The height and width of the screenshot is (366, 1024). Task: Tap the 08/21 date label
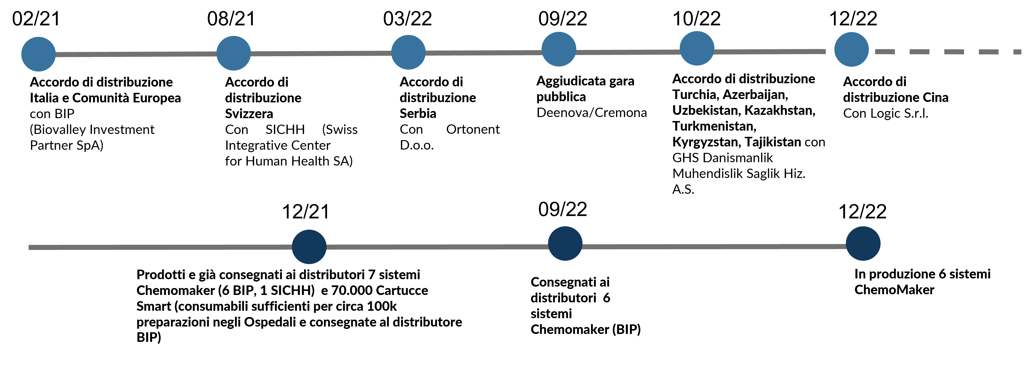[x=231, y=19]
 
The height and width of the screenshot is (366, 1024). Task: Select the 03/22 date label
[x=407, y=19]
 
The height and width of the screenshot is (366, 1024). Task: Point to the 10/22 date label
[x=696, y=19]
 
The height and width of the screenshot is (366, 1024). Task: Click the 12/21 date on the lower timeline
[x=306, y=211]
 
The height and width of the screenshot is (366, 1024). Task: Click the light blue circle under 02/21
[x=39, y=54]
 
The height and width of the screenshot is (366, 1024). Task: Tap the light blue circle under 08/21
[x=234, y=53]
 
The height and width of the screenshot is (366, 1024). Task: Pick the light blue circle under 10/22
[x=697, y=48]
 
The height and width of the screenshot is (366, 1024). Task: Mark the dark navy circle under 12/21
[x=309, y=247]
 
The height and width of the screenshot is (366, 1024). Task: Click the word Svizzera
[x=249, y=114]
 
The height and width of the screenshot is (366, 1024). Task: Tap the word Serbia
[x=418, y=114]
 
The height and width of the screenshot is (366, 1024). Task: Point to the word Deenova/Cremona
[x=592, y=113]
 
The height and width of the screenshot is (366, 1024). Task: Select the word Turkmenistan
[x=714, y=126]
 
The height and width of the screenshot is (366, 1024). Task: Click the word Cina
[x=935, y=98]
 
